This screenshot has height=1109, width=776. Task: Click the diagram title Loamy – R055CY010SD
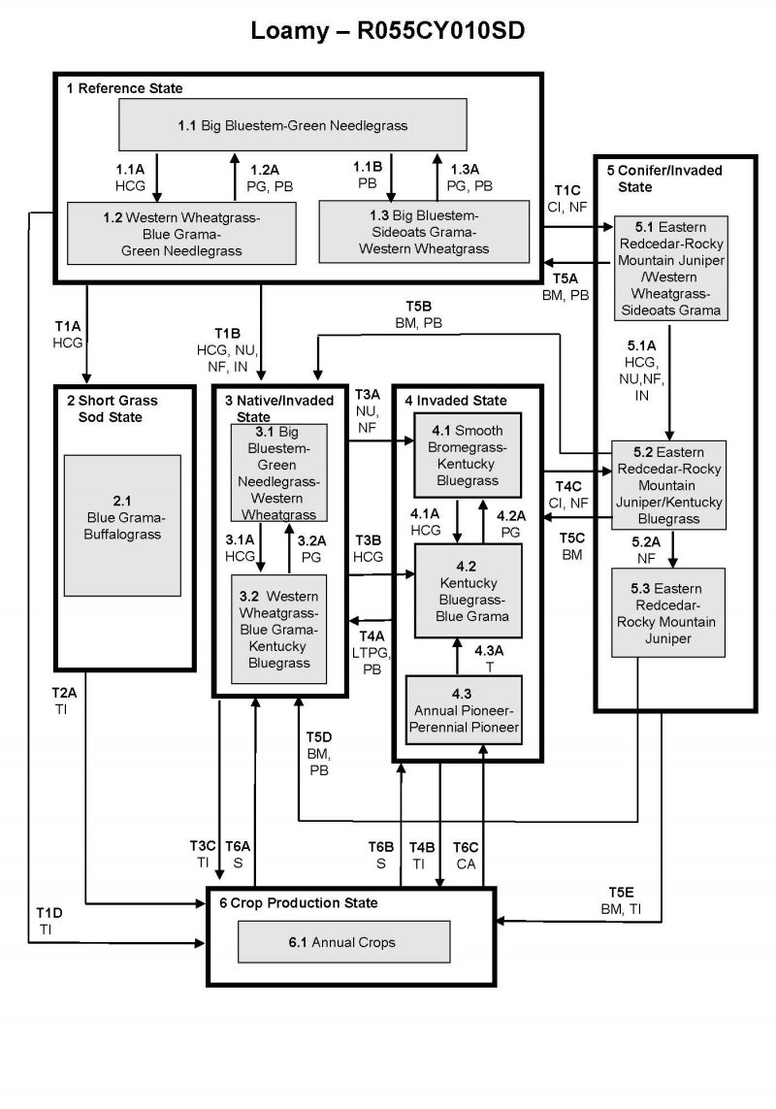click(x=388, y=31)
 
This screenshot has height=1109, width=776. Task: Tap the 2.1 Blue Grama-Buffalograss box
click(x=122, y=525)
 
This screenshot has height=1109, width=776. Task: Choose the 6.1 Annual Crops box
click(x=344, y=941)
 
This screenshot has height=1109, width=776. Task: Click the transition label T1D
click(x=49, y=913)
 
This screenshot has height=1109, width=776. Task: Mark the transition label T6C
click(x=467, y=847)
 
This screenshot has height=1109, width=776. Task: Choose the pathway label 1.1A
click(x=130, y=169)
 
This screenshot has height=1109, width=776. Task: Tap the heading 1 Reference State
click(x=124, y=88)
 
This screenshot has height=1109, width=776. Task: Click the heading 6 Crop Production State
click(x=298, y=902)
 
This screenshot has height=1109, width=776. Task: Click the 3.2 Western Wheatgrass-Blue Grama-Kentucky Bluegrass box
click(x=278, y=628)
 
